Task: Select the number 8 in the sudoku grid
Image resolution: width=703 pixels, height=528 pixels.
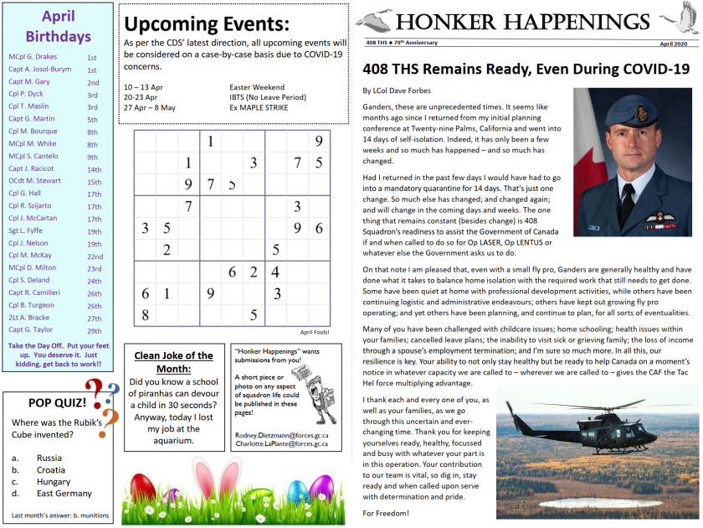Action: [145, 315]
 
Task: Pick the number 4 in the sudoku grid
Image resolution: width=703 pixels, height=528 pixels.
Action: [275, 272]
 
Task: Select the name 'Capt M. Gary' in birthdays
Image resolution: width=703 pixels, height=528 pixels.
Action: [29, 82]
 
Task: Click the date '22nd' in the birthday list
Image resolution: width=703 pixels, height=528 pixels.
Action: [95, 256]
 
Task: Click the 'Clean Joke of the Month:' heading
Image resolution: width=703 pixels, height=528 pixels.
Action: [173, 361]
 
